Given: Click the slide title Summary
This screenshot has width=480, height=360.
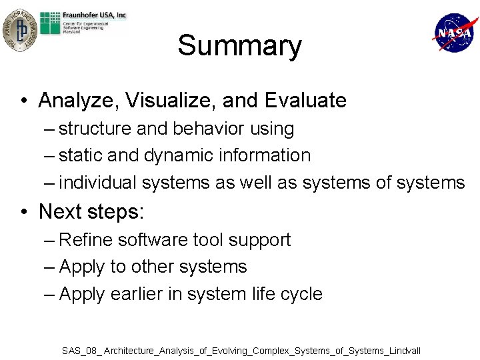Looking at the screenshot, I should (x=239, y=46).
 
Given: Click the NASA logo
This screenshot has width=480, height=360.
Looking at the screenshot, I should (x=455, y=33).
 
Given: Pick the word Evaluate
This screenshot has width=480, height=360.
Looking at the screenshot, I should (x=305, y=101).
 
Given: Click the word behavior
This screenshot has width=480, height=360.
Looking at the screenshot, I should (x=205, y=129).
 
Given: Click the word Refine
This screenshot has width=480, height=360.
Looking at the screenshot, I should (x=82, y=240).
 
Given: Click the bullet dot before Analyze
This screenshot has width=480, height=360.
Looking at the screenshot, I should (x=23, y=101).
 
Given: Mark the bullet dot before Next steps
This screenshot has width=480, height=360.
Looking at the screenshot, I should (x=23, y=212).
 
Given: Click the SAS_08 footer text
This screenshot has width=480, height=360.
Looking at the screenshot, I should (x=241, y=350).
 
